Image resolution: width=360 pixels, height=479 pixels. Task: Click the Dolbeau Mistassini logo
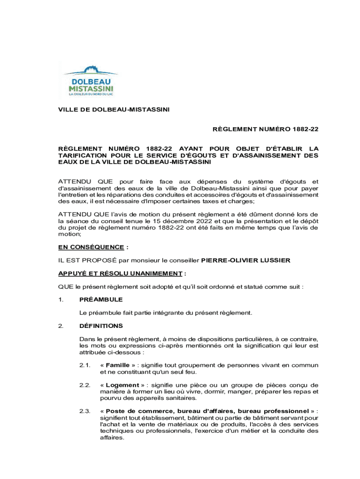(x=91, y=80)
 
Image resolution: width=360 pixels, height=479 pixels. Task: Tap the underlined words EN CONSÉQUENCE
(x=91, y=247)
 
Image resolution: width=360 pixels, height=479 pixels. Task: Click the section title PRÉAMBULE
(x=101, y=299)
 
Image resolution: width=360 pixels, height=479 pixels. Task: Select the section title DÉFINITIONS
(x=101, y=326)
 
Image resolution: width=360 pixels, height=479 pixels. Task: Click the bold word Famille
(x=117, y=365)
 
